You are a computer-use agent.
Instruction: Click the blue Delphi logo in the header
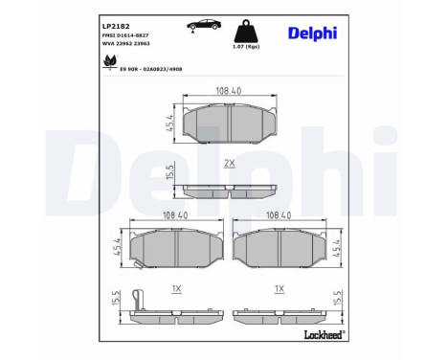313,34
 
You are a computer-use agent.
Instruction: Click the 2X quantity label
230,164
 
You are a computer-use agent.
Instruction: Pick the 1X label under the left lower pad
178,288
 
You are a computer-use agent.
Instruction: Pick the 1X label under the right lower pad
279,288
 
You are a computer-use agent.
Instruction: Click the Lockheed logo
323,336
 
